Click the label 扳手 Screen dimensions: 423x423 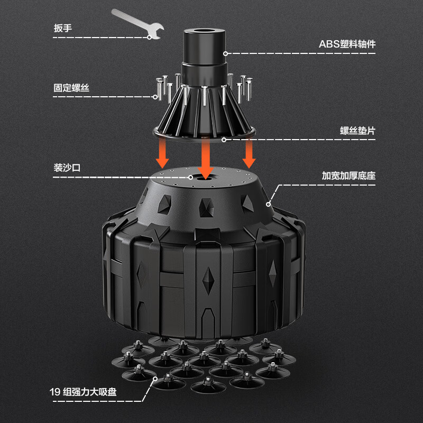(x=63, y=28)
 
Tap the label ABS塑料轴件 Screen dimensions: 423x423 (x=347, y=44)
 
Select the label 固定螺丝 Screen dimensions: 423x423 (x=71, y=88)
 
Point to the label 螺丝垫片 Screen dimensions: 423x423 (x=358, y=131)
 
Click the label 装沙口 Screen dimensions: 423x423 (x=67, y=168)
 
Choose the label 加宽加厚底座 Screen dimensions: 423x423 (x=348, y=176)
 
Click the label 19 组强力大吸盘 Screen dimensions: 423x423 (x=83, y=392)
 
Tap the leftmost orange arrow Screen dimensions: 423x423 (x=162, y=152)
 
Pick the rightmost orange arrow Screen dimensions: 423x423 (x=249, y=152)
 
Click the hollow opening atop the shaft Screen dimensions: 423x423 (x=205, y=31)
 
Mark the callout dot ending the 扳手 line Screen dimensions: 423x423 (x=149, y=38)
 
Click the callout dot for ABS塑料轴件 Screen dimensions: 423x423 (x=226, y=54)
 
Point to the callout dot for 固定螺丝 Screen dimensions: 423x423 (x=155, y=97)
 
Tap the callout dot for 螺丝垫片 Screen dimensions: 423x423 (x=224, y=140)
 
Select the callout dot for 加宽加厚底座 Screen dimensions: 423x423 (x=268, y=204)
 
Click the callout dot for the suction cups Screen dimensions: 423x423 (x=155, y=379)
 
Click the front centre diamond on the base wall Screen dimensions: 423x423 (x=208, y=281)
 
